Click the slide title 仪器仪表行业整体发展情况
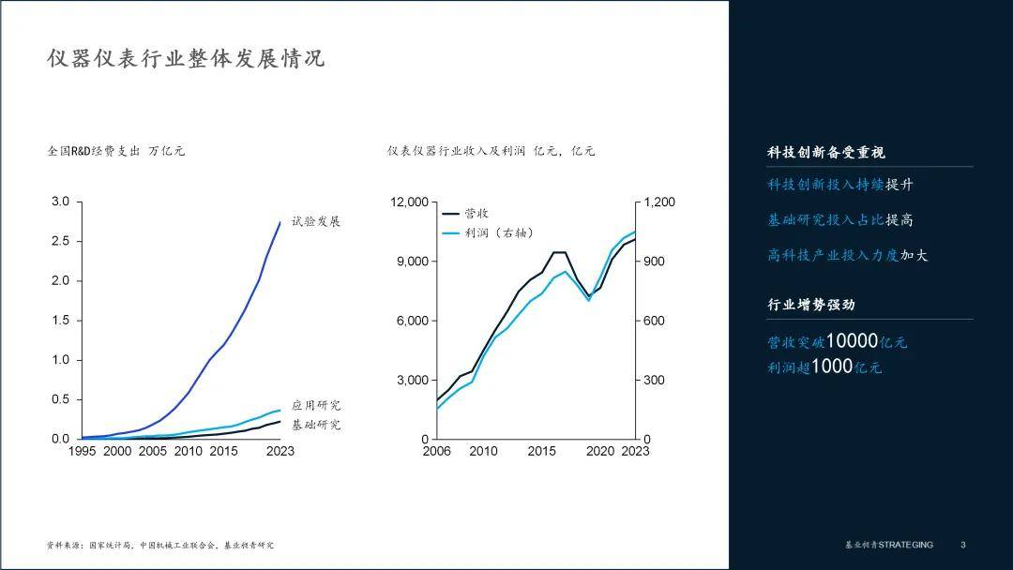(186, 58)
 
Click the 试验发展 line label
(315, 221)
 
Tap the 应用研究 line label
(316, 405)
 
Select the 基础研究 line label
(316, 425)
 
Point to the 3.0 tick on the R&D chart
(60, 202)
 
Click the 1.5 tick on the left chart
(60, 321)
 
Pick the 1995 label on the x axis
(82, 451)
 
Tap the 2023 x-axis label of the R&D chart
(280, 451)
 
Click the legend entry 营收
(476, 213)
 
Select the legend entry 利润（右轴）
(499, 233)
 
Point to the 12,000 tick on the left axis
(409, 202)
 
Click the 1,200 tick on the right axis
(659, 202)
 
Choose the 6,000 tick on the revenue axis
(412, 321)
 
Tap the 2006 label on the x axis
(437, 451)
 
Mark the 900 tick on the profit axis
(654, 262)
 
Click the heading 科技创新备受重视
(825, 153)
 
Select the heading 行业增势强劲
(810, 305)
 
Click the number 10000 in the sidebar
(852, 341)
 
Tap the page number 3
(962, 545)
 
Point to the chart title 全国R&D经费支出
(94, 151)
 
